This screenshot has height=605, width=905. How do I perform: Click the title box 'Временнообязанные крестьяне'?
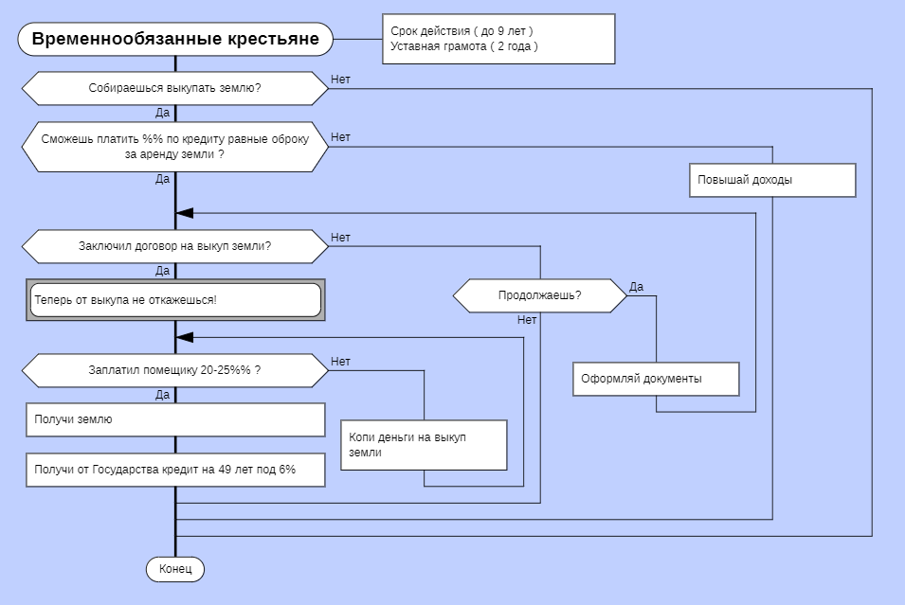pos(175,40)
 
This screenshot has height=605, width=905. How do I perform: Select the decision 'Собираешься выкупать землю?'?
pos(175,88)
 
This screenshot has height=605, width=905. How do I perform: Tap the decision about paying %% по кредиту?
pos(175,146)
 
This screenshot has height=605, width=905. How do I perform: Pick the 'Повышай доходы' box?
pos(772,180)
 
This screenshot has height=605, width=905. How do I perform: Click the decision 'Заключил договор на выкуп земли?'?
pos(175,246)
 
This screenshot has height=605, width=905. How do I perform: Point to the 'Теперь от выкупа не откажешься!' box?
pos(175,299)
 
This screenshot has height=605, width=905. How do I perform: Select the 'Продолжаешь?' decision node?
pos(540,295)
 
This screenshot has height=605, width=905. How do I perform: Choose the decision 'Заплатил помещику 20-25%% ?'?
pos(175,370)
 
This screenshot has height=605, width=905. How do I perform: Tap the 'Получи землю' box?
pos(175,419)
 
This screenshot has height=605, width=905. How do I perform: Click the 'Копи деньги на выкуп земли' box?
pos(424,445)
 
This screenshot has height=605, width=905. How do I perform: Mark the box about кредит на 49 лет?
pos(175,470)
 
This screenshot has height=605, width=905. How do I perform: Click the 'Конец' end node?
pos(175,569)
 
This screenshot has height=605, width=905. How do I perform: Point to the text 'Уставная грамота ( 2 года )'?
pos(463,46)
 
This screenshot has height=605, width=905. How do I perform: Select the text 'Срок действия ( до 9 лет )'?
pos(462,31)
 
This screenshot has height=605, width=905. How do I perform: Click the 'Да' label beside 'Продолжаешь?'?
pos(637,287)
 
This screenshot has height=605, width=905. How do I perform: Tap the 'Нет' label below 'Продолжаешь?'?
pos(527,320)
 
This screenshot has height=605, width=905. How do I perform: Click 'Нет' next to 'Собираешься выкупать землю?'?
pos(340,80)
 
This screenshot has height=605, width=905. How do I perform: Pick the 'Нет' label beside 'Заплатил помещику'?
pos(340,362)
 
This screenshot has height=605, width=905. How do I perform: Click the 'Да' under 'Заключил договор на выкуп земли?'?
pos(163,271)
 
